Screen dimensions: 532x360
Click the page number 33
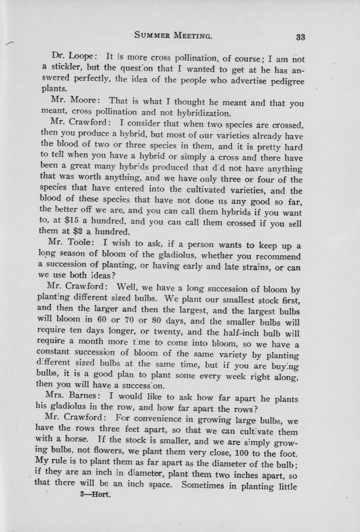click(x=301, y=37)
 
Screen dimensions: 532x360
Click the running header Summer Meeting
click(x=173, y=35)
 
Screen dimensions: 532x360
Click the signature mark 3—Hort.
click(x=95, y=495)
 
